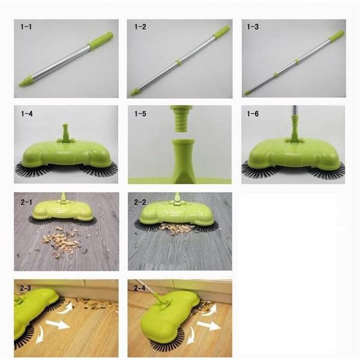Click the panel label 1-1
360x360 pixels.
click(x=26, y=27)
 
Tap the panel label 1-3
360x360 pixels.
click(x=253, y=27)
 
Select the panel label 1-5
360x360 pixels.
click(x=140, y=113)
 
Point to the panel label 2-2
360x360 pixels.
click(x=140, y=202)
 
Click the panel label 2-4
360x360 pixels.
click(x=140, y=288)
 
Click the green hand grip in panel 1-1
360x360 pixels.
click(x=101, y=40)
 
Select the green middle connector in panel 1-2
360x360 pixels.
click(x=179, y=62)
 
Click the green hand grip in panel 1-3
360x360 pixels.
click(x=337, y=36)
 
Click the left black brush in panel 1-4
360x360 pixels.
click(x=32, y=170)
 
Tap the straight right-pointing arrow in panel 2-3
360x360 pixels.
click(x=58, y=325)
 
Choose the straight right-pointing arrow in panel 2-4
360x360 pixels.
click(x=208, y=326)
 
